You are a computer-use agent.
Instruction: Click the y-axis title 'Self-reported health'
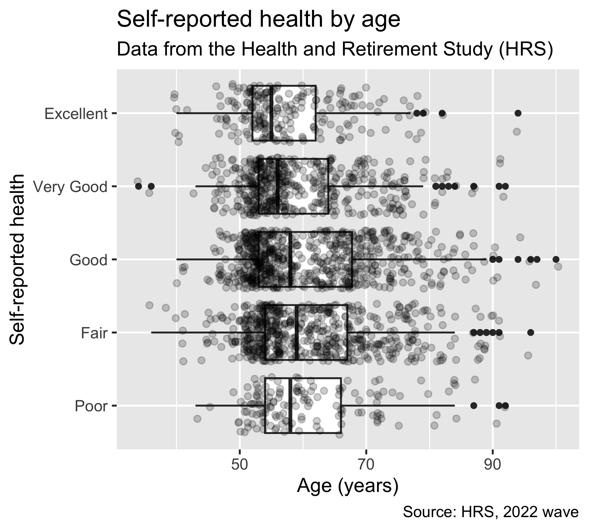pos(17,260)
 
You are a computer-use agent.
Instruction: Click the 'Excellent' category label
pos(76,114)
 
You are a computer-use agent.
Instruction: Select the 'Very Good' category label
pos(71,187)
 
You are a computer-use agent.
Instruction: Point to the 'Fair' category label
pos(94,333)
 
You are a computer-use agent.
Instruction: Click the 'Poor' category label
pos(91,406)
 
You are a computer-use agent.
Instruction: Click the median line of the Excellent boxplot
pos(271,113)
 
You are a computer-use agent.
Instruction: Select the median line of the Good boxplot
pos(290,259)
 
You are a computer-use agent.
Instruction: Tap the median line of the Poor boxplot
pos(290,405)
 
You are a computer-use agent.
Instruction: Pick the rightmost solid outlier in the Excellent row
pos(518,113)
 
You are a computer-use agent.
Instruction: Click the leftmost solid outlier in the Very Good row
pos(138,186)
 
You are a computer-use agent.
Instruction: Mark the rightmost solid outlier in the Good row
pos(556,259)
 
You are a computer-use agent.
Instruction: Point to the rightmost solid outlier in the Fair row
pos(531,332)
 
